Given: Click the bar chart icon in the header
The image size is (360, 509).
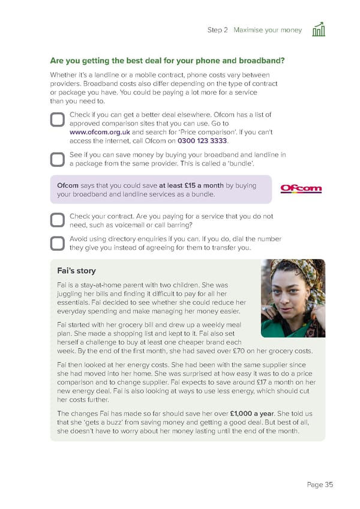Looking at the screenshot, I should pos(319,29).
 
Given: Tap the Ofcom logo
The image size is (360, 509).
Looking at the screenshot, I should pos(301,189).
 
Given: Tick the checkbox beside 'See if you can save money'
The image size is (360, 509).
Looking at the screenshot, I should pos(57,159).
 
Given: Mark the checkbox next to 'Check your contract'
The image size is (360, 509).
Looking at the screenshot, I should pos(57,220).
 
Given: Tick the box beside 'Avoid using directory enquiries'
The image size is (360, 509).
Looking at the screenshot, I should pos(57,243).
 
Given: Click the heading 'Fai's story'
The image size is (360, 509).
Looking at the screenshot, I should pos(76,271).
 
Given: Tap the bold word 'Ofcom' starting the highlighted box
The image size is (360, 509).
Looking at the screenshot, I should pos(67,185).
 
